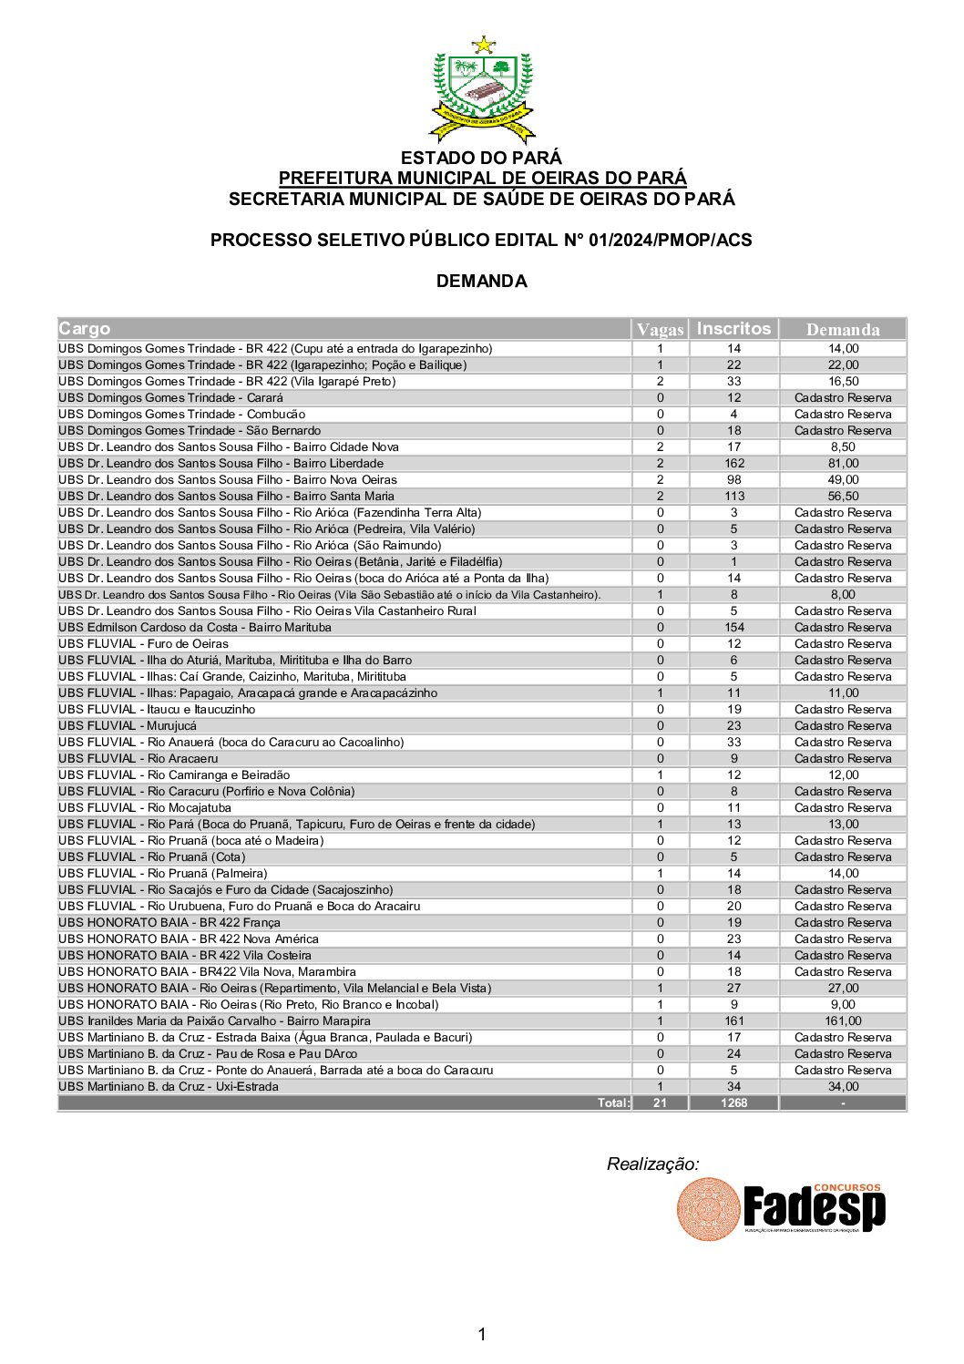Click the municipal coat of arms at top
pos(482,89)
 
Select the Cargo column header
pos(85,329)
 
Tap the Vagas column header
pos(660,330)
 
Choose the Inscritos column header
pos(733,329)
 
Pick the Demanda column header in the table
pos(843,330)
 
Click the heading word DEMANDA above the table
pos(481,281)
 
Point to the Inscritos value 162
pos(733,464)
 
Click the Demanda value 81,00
pos(843,464)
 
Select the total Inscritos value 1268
pos(733,1103)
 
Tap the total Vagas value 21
pos(660,1103)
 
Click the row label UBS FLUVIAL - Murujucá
pos(128,726)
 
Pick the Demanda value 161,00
pos(843,1021)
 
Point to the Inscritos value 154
pos(733,628)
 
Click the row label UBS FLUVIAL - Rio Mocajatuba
pos(145,808)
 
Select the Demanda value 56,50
pos(843,497)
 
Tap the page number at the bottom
pos(482,1335)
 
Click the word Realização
pos(652,1164)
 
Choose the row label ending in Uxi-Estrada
pos(169,1087)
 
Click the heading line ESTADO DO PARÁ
pos(481,158)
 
